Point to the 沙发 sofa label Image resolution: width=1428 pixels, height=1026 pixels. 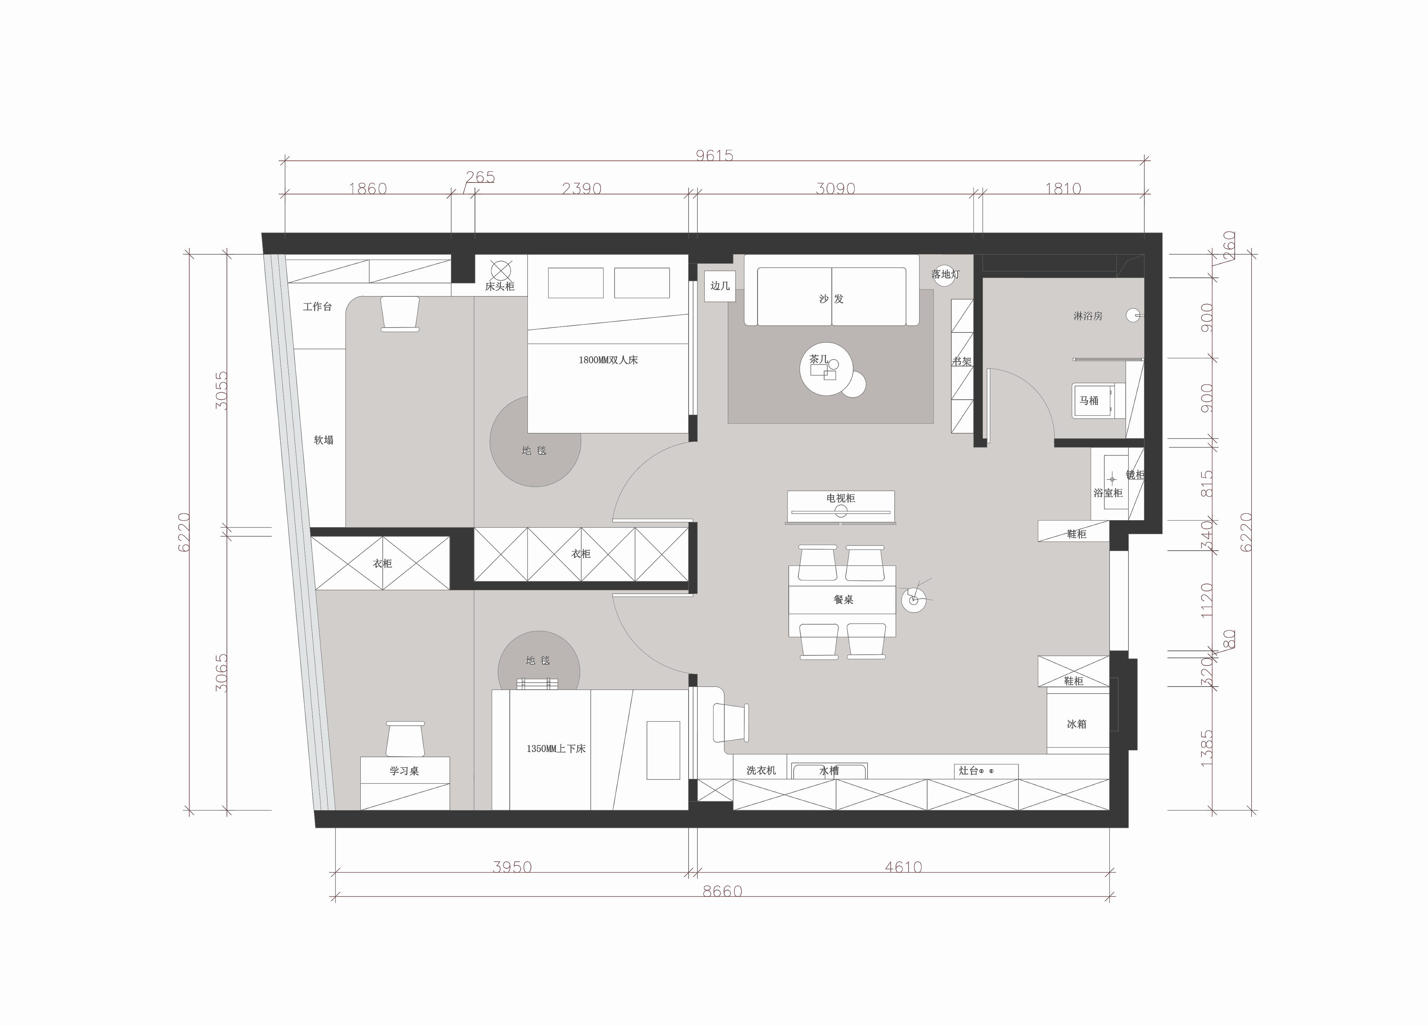click(831, 298)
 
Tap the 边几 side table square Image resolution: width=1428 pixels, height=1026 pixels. click(720, 286)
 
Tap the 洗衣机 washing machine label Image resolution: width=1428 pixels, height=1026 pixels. click(761, 770)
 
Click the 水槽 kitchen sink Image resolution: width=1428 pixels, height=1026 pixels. click(829, 771)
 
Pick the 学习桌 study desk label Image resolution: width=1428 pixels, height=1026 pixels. click(404, 770)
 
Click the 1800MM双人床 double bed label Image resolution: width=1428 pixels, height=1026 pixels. click(608, 360)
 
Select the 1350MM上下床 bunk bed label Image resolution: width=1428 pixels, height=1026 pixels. click(556, 749)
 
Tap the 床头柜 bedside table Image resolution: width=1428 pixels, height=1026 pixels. click(501, 275)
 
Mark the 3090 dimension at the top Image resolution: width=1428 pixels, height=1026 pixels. click(835, 188)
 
